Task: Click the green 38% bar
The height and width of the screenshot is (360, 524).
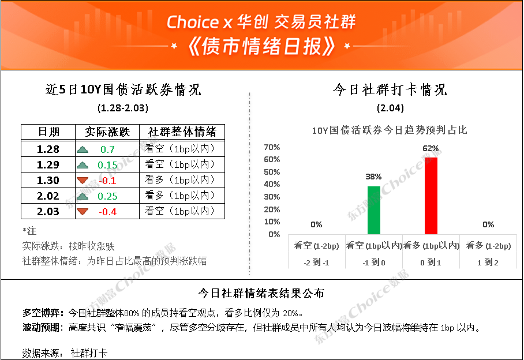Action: tap(373, 210)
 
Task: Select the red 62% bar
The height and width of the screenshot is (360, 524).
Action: tap(431, 196)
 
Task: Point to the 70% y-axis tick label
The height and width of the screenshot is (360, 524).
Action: tap(272, 147)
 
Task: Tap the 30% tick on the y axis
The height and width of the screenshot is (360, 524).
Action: tap(272, 197)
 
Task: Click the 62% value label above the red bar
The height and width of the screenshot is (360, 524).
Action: tap(431, 148)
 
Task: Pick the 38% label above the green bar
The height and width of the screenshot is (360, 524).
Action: tap(373, 177)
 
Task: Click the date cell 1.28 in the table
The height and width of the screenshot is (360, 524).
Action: tap(48, 149)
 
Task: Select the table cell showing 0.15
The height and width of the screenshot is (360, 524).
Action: tap(107, 164)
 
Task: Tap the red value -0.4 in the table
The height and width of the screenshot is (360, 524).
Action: tap(107, 212)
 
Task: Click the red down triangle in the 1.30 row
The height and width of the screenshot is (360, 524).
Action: tap(83, 181)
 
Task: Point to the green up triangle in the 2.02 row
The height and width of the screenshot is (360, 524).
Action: tap(83, 196)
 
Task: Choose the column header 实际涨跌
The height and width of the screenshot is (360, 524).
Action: tap(107, 132)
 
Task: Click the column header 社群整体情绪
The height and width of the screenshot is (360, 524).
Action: tap(182, 132)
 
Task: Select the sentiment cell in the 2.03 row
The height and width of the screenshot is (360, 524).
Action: tap(180, 211)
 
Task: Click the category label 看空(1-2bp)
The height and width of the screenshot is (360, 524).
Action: tap(316, 246)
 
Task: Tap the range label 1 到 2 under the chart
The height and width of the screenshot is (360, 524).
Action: tap(488, 262)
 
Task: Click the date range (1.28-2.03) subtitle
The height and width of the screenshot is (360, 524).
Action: tap(123, 108)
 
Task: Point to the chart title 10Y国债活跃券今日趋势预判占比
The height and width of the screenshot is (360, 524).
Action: tap(390, 130)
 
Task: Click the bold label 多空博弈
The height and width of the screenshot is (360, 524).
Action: tap(42, 313)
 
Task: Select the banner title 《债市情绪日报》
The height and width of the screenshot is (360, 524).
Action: tap(261, 46)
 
